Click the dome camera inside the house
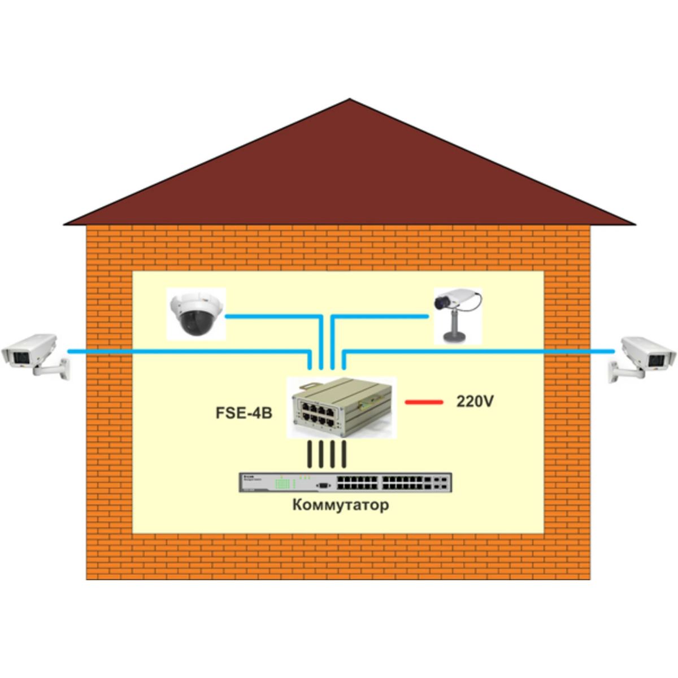point(195,314)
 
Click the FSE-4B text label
point(244,413)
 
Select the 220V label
point(475,402)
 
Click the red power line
point(424,402)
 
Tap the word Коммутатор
point(341,505)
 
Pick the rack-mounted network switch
point(346,482)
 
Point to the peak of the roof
point(349,99)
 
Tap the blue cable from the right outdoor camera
point(479,351)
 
